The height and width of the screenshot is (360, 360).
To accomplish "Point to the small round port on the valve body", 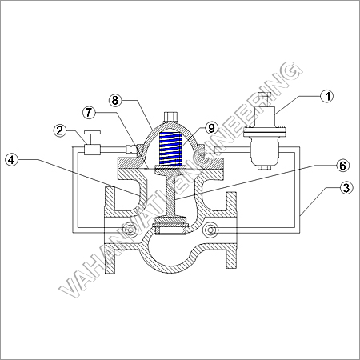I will (210, 231).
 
